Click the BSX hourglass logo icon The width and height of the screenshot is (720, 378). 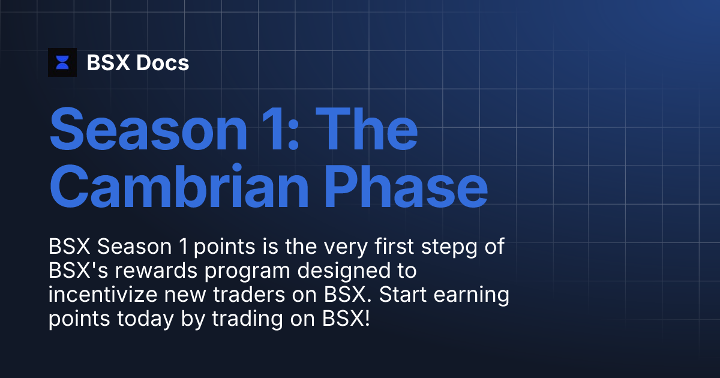(x=62, y=62)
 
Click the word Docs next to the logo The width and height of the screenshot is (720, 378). (x=163, y=62)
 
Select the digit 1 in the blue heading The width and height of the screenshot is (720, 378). (x=273, y=129)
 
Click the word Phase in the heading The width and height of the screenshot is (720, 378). (x=404, y=185)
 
